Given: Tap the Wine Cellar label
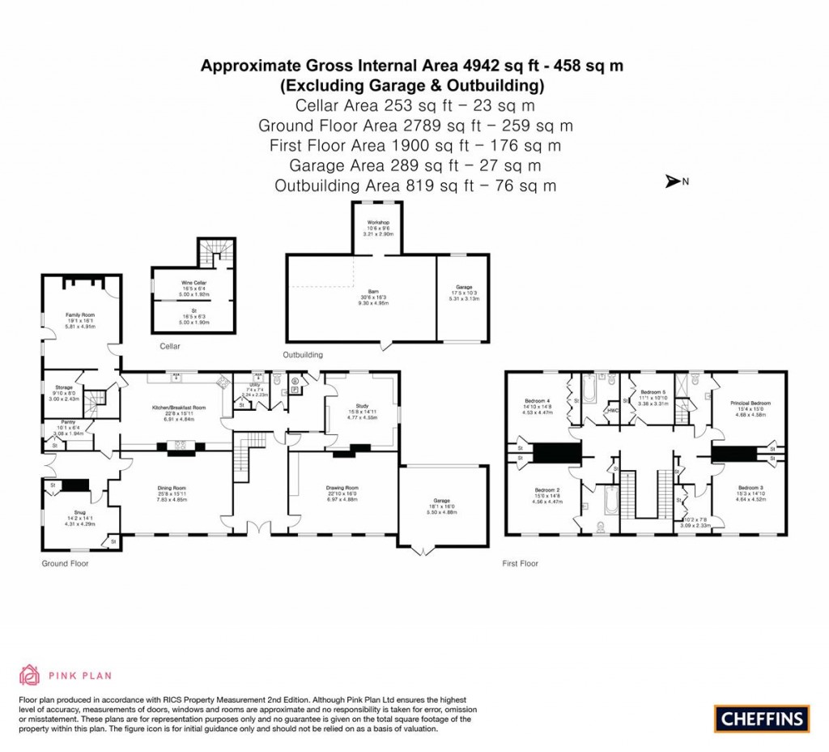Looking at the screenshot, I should coord(193,283).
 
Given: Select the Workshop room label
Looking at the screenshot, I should coord(379,223).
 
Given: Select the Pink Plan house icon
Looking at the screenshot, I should coord(30,674).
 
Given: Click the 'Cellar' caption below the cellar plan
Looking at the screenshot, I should coord(169,346).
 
